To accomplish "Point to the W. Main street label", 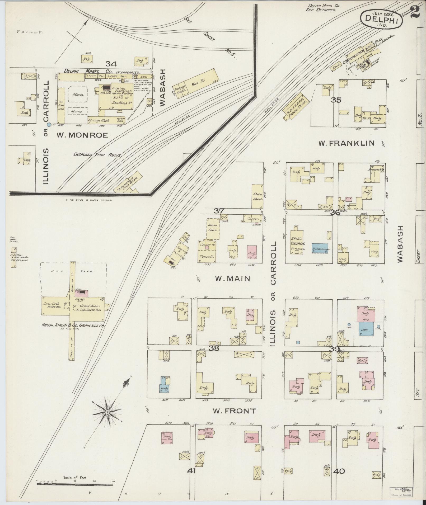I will [232, 279].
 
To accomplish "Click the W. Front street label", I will [234, 418].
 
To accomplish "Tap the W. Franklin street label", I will [346, 143].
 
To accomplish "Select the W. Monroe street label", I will [82, 135].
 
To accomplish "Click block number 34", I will [111, 64].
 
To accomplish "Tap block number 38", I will [214, 348].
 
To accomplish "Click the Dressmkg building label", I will [376, 170].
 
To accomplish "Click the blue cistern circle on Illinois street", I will [48, 124].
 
